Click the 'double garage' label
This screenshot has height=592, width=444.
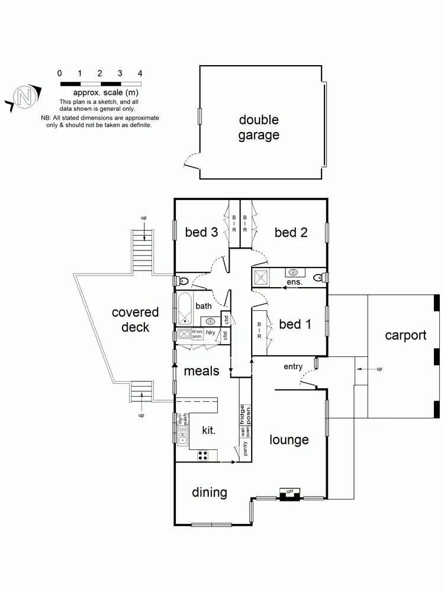click(259, 127)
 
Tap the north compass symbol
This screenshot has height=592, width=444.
click(24, 97)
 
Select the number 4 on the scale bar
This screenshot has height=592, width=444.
click(140, 73)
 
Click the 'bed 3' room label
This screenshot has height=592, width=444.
click(201, 232)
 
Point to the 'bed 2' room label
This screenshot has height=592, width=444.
click(291, 232)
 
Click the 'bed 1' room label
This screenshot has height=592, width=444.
click(295, 324)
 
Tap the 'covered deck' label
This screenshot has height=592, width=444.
click(135, 319)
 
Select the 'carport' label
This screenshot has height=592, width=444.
click(406, 335)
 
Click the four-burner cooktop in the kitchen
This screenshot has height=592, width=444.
click(203, 455)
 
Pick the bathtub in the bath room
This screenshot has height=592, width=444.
click(185, 306)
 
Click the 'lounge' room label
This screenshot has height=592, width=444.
click(289, 439)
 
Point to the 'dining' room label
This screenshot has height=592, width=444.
click(210, 492)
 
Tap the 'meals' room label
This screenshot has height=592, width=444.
click(201, 371)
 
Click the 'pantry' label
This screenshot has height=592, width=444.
click(245, 449)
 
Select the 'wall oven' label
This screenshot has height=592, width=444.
click(245, 429)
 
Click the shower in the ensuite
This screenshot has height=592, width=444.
click(261, 277)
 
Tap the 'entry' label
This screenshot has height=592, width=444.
click(293, 366)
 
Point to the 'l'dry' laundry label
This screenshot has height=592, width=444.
click(210, 333)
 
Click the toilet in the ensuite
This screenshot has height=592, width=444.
click(318, 276)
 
